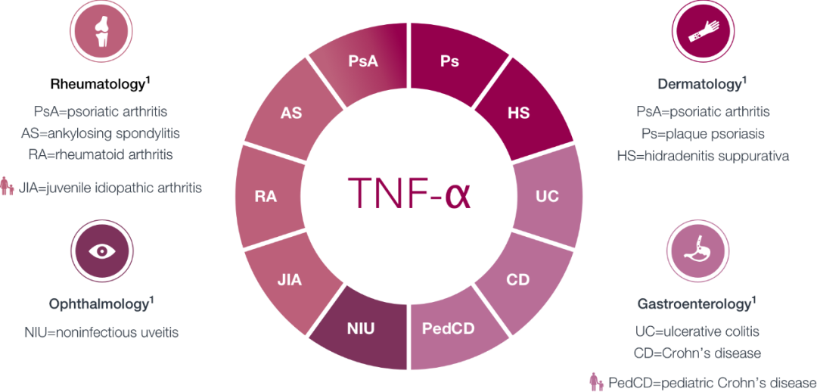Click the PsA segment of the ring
tap(363, 63)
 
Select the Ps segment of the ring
tap(449, 61)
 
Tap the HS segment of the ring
tap(518, 113)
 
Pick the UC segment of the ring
tap(546, 197)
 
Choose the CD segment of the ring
tap(518, 280)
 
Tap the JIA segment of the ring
tap(289, 280)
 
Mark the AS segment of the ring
tap(291, 113)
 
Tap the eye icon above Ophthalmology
tap(101, 253)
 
